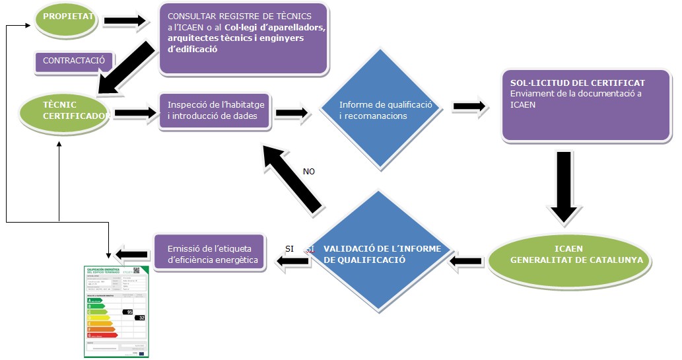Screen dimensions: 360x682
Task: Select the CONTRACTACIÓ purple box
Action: tap(74, 61)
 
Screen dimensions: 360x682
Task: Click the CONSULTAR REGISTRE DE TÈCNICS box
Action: tap(244, 38)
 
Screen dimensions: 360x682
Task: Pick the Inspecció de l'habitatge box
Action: tap(216, 111)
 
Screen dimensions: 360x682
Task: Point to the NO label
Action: tap(308, 171)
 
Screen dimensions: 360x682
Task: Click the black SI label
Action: tap(289, 248)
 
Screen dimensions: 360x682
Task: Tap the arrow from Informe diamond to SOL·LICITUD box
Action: tap(469, 106)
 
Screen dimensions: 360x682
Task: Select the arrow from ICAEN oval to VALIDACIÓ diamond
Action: tap(466, 262)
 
